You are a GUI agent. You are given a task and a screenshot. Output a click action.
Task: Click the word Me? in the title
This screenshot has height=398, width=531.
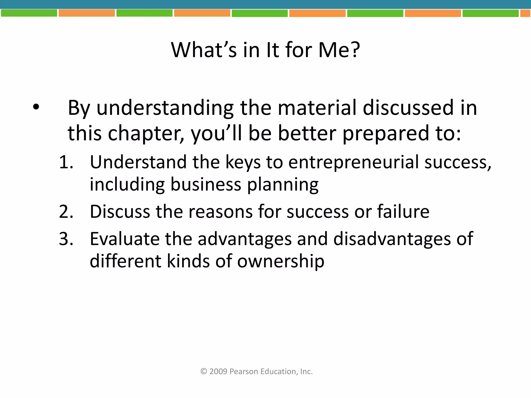click(339, 50)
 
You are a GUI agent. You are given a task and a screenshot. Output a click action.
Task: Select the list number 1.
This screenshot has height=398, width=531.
click(66, 162)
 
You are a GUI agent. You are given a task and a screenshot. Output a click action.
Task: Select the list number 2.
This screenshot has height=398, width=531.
click(66, 212)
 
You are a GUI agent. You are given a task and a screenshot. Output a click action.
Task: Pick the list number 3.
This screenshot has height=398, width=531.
click(66, 239)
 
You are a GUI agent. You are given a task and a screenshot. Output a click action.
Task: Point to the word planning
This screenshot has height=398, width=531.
click(283, 185)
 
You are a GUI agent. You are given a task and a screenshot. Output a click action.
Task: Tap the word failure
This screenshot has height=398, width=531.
click(403, 212)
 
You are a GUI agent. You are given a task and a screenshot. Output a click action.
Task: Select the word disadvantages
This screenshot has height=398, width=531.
click(392, 239)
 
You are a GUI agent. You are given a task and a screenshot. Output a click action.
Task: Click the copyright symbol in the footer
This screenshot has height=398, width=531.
click(204, 371)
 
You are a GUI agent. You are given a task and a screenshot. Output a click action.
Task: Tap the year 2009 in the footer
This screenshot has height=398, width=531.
click(218, 372)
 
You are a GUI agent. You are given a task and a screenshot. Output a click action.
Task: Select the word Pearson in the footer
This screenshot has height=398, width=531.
click(244, 372)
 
